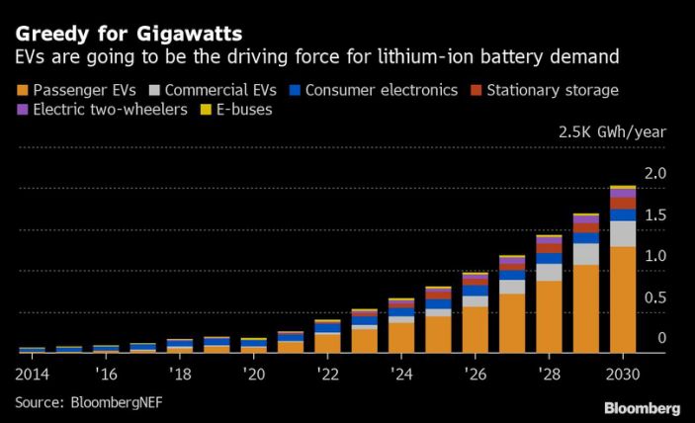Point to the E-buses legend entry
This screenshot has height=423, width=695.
point(238,110)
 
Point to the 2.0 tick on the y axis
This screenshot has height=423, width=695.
point(655,174)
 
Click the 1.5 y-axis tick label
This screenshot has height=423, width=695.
point(655,215)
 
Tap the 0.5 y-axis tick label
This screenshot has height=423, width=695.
point(655,297)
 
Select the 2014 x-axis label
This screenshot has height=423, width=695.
point(31,375)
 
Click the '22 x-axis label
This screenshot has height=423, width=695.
point(327,375)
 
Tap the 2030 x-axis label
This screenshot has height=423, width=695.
point(623,375)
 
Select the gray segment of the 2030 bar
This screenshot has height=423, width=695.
point(623,233)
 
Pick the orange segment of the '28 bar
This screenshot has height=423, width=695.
point(549,316)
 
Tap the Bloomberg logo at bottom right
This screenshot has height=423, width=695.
point(642,408)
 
